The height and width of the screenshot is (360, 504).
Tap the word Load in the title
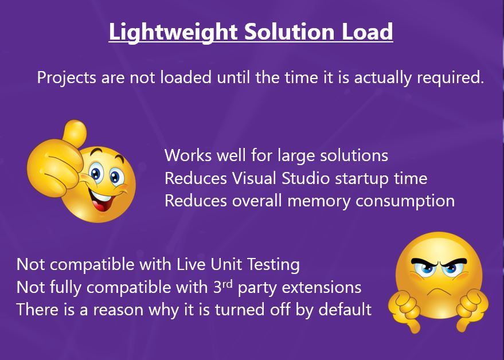coord(370,32)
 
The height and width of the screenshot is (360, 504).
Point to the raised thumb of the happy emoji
coord(73,134)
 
